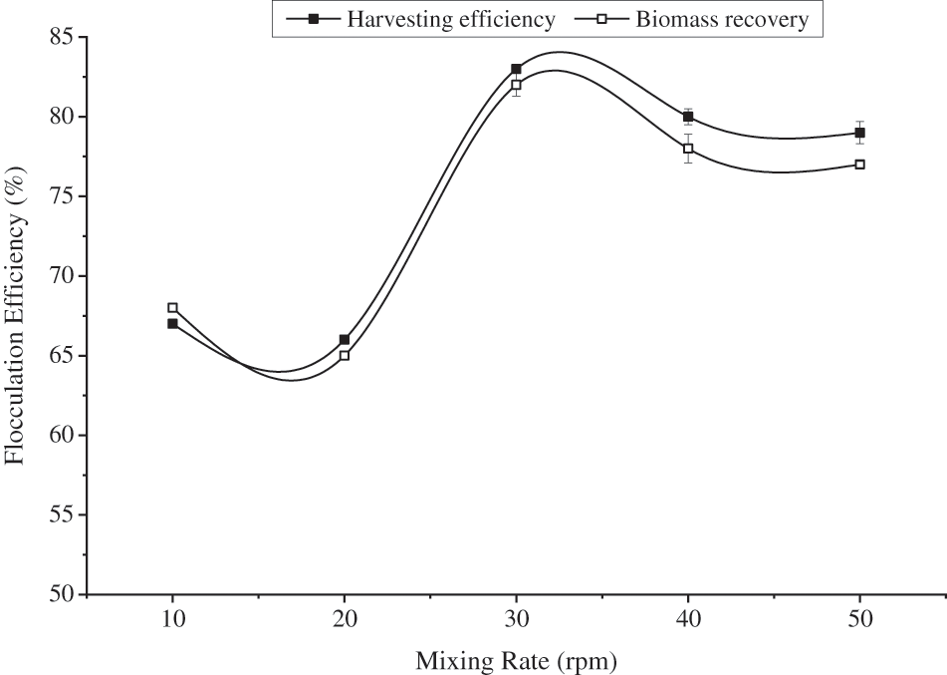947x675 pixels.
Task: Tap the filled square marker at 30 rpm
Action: click(516, 69)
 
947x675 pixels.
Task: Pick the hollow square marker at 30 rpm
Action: click(516, 85)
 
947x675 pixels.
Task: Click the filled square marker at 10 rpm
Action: click(172, 323)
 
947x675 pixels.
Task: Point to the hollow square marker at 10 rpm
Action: click(172, 307)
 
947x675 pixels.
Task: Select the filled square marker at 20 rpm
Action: click(345, 339)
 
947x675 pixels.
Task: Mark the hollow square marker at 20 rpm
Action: click(345, 355)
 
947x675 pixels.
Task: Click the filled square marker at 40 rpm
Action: click(688, 117)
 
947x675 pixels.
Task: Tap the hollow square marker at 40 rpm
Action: click(688, 149)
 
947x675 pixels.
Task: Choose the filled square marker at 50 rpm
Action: click(859, 133)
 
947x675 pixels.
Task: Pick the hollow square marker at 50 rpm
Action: click(859, 165)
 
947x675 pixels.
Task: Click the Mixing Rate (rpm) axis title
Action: click(516, 659)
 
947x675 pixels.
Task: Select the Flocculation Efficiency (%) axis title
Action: click(16, 316)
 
